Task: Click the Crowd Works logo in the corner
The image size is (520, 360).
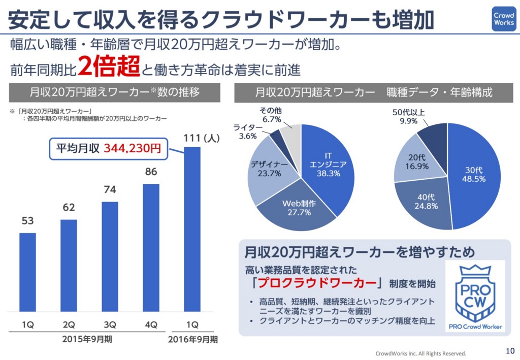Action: coord(503,19)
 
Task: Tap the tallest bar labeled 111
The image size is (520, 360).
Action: coord(192,228)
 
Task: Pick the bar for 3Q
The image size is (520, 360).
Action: coord(110,256)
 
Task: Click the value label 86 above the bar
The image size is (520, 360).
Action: coord(151,172)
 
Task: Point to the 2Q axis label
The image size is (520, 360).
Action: coord(69,324)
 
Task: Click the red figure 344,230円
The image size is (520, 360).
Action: coord(133,149)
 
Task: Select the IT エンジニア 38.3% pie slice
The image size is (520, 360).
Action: coord(330,168)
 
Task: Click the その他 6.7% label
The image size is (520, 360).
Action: coord(271,115)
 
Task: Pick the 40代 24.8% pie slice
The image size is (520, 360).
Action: coord(426,202)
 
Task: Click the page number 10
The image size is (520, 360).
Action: coord(510,350)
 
